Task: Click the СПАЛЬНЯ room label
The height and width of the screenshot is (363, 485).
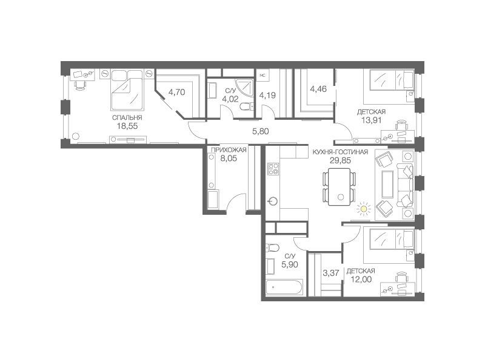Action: pyautogui.click(x=127, y=117)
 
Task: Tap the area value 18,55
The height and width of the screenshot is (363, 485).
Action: pyautogui.click(x=127, y=126)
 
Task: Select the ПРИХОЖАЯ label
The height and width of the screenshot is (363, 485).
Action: pyautogui.click(x=229, y=150)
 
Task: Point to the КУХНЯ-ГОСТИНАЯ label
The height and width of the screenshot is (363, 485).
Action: pyautogui.click(x=340, y=152)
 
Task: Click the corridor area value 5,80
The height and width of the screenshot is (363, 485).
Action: pyautogui.click(x=261, y=131)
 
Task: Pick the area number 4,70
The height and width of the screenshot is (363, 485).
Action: pyautogui.click(x=177, y=92)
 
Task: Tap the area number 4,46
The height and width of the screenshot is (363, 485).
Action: pyautogui.click(x=318, y=89)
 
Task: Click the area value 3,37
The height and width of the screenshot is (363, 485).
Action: pyautogui.click(x=331, y=273)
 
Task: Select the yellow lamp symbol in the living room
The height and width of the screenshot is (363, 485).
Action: pyautogui.click(x=364, y=209)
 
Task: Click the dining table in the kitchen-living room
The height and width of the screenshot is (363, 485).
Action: pyautogui.click(x=339, y=187)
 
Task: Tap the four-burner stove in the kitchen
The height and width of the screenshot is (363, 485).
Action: pyautogui.click(x=273, y=169)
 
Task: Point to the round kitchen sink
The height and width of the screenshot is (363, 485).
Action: pyautogui.click(x=272, y=201)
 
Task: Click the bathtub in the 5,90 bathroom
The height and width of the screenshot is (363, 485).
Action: pyautogui.click(x=284, y=287)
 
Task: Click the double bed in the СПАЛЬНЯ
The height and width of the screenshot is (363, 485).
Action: pyautogui.click(x=127, y=90)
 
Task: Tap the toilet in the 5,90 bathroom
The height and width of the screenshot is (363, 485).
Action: pyautogui.click(x=272, y=247)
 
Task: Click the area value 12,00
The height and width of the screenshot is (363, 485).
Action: pyautogui.click(x=361, y=280)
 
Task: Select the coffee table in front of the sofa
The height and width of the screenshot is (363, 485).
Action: pyautogui.click(x=387, y=185)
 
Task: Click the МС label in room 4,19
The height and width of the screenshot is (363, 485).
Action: pyautogui.click(x=262, y=75)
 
